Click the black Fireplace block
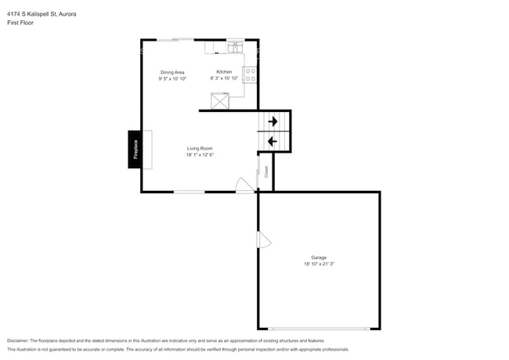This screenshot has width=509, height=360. pyautogui.click(x=135, y=149)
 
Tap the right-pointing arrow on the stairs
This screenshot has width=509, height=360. pyautogui.click(x=273, y=121)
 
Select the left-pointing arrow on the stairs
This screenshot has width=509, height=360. pyautogui.click(x=272, y=141)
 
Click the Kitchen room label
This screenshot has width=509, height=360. pyautogui.click(x=224, y=72)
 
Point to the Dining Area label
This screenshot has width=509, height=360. pyautogui.click(x=171, y=72)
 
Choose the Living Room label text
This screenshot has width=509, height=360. pyautogui.click(x=200, y=148)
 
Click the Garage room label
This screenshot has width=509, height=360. pyautogui.click(x=319, y=257)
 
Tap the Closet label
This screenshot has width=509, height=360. pyautogui.click(x=266, y=171)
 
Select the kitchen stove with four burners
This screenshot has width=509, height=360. pyautogui.click(x=251, y=75)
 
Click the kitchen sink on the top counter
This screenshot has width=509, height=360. pyautogui.click(x=234, y=49)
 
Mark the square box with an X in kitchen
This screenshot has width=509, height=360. pyautogui.click(x=221, y=101)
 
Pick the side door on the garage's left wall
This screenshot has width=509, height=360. pyautogui.click(x=264, y=240)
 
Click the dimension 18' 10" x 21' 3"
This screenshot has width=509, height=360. pyautogui.click(x=319, y=265)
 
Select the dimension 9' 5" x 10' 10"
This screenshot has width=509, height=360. pyautogui.click(x=171, y=78)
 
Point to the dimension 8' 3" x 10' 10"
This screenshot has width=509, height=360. pyautogui.click(x=224, y=78)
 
